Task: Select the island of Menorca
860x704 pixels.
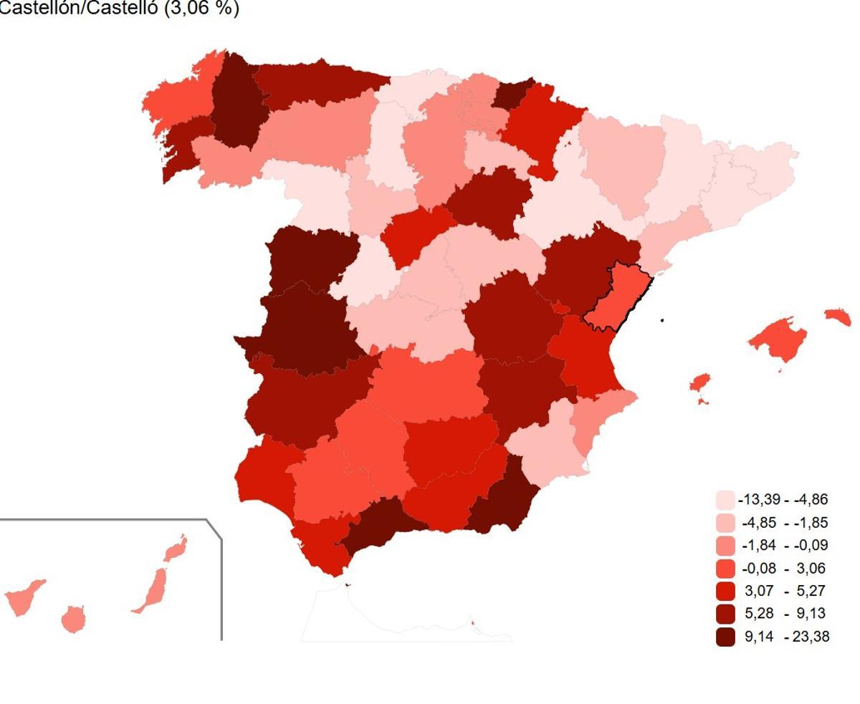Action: [838, 316]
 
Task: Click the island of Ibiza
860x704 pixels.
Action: [700, 382]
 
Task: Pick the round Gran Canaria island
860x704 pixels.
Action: [72, 619]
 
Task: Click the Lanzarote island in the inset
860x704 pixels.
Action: [176, 549]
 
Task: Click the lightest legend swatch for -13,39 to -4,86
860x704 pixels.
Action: [725, 500]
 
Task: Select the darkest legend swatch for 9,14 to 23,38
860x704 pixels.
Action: [725, 636]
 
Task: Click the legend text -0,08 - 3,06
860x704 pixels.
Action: [785, 568]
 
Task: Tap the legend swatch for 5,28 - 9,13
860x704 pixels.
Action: [725, 614]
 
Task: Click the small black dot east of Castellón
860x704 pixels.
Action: [663, 320]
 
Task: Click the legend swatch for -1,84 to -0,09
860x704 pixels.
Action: [725, 545]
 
